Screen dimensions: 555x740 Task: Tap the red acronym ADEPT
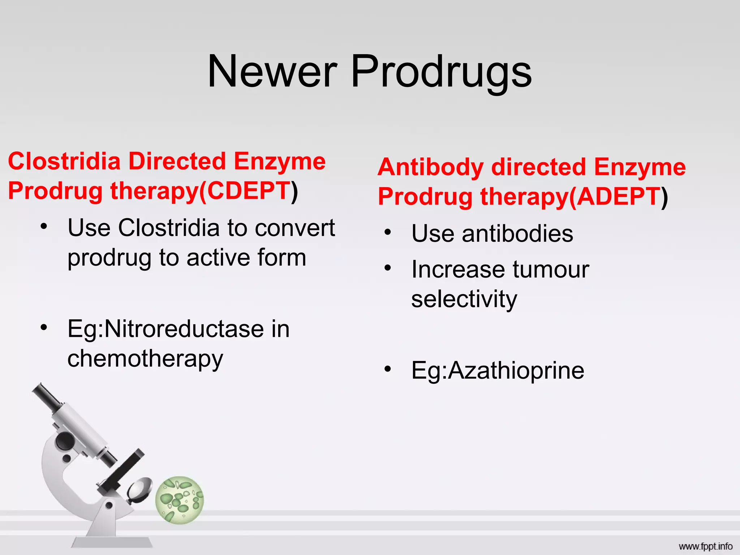pyautogui.click(x=619, y=197)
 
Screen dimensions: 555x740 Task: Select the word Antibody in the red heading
pyautogui.click(x=430, y=167)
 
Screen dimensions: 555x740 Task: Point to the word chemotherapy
pyautogui.click(x=145, y=359)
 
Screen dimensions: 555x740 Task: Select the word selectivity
pyautogui.click(x=464, y=299)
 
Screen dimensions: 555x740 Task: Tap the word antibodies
pyautogui.click(x=517, y=233)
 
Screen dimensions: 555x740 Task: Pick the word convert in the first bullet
pyautogui.click(x=295, y=228)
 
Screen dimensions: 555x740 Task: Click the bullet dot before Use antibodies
pyautogui.click(x=388, y=232)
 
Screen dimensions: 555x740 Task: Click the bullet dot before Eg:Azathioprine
pyautogui.click(x=388, y=369)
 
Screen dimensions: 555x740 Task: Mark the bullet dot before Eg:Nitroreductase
pyautogui.click(x=44, y=327)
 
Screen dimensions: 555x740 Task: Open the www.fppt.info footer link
pyautogui.click(x=705, y=546)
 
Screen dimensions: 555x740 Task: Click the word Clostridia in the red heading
pyautogui.click(x=64, y=161)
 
